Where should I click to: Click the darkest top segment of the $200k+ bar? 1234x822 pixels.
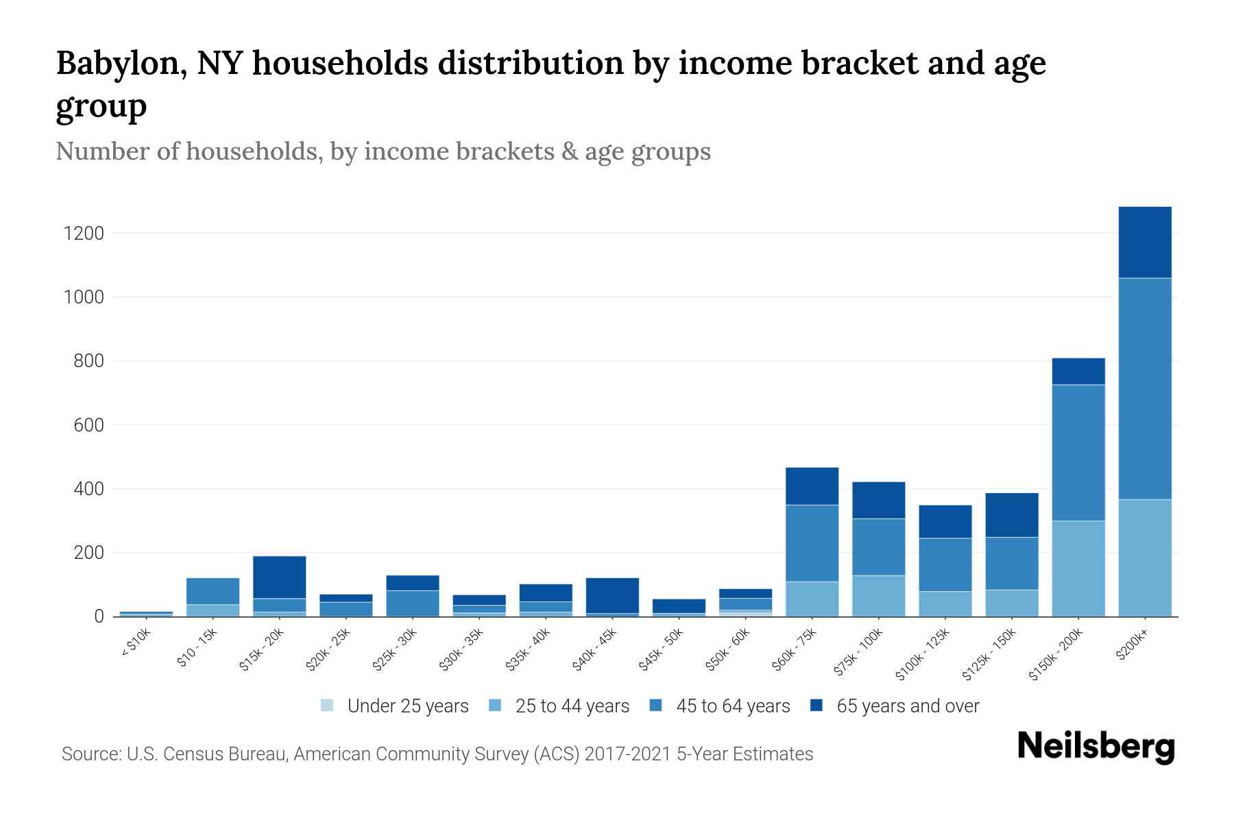click(1145, 242)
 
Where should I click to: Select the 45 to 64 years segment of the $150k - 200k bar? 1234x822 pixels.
click(1078, 453)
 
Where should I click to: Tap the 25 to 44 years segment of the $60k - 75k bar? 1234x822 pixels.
click(812, 599)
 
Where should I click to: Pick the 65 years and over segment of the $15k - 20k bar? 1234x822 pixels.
click(279, 577)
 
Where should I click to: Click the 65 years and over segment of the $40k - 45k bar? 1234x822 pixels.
click(612, 595)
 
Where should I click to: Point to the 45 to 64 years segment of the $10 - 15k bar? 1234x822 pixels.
click(213, 591)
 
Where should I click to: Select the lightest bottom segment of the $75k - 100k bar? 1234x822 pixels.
click(878, 595)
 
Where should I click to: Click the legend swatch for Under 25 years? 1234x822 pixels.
click(328, 706)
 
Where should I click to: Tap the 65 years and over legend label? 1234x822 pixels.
click(908, 706)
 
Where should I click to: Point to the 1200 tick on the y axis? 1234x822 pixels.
click(84, 234)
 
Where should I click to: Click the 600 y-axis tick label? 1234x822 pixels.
click(88, 425)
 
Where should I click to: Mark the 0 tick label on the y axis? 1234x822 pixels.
click(99, 616)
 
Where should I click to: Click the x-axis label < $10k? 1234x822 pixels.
click(136, 643)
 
